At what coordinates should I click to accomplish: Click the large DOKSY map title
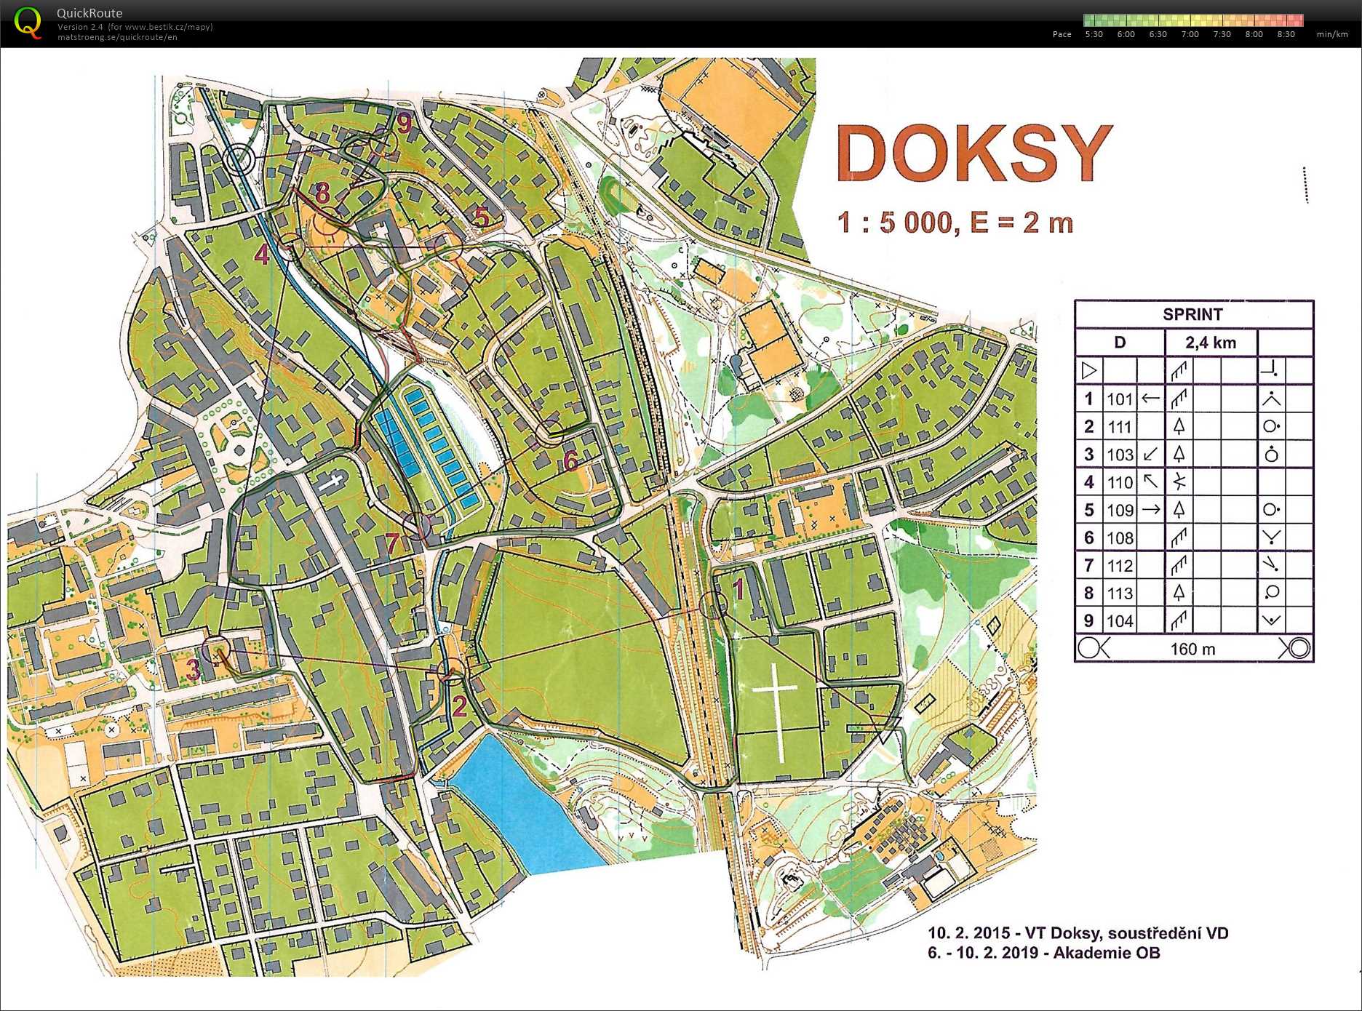[973, 153]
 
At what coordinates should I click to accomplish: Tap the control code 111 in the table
[1120, 427]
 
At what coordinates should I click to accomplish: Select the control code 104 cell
[1120, 621]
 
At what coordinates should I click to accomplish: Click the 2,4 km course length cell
[1210, 343]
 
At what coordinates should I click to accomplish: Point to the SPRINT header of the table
[1192, 314]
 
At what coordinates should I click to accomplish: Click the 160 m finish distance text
[1192, 649]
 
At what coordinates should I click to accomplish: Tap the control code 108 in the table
[1120, 538]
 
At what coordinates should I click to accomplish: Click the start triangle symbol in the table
[1088, 371]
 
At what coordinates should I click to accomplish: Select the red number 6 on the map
[570, 460]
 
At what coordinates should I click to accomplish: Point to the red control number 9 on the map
[404, 124]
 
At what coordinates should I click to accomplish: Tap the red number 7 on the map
[392, 543]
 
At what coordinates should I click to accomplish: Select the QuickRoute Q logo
[28, 23]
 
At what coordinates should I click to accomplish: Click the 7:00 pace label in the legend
[1190, 34]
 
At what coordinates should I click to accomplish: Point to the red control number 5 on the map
[481, 217]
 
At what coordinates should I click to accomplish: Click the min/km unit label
[1331, 34]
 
